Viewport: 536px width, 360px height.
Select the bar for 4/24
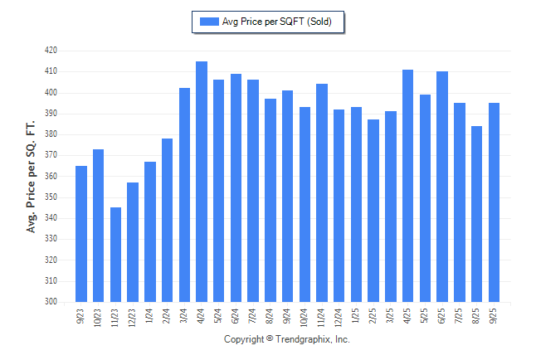[x=202, y=182]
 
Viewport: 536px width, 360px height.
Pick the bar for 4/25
[x=407, y=186]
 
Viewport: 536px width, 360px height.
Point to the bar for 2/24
[x=168, y=220]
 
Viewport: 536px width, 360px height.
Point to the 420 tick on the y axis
[x=51, y=51]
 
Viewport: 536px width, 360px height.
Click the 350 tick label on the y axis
[x=51, y=197]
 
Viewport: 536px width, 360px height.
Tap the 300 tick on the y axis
[x=51, y=302]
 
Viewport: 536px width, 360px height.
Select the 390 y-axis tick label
[x=51, y=114]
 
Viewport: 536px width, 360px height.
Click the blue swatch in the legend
[x=208, y=22]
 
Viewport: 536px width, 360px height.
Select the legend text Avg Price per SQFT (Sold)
[x=277, y=22]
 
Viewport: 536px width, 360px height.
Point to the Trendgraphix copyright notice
[x=287, y=339]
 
